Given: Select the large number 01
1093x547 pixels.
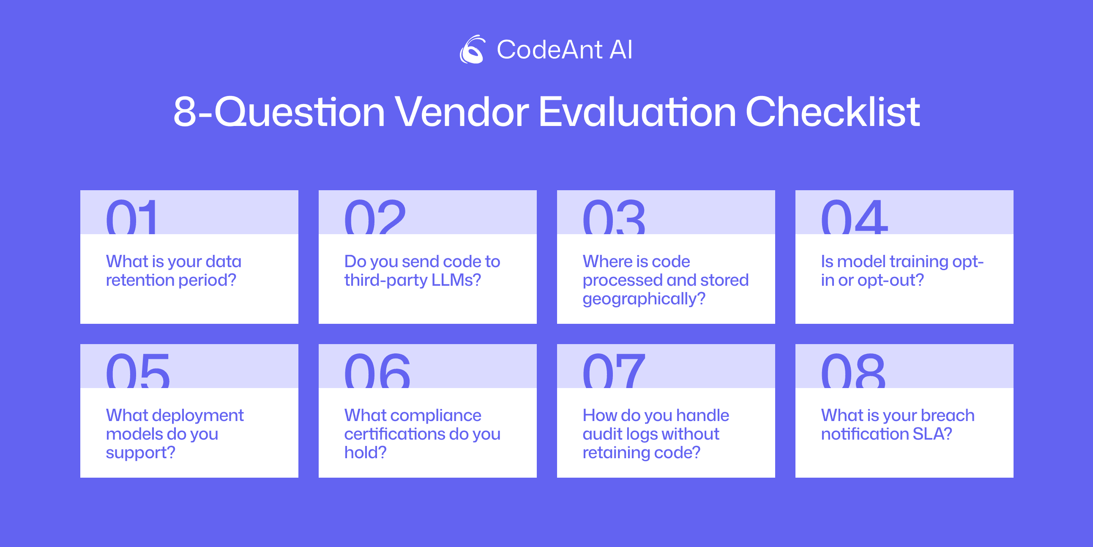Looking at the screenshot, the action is pyautogui.click(x=131, y=217).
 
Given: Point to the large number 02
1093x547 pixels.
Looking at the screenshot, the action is pyautogui.click(x=375, y=217).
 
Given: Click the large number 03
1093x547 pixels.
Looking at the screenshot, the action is pyautogui.click(x=614, y=217).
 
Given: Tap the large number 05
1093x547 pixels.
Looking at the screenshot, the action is pyautogui.click(x=138, y=371).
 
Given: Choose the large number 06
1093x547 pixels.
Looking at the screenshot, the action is pyautogui.click(x=377, y=371).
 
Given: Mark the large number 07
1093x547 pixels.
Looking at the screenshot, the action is pyautogui.click(x=614, y=371).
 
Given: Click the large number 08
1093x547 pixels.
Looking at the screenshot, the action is pyautogui.click(x=853, y=371).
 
